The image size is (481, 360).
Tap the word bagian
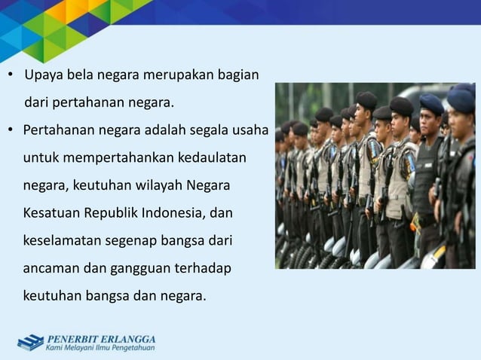pos(239,76)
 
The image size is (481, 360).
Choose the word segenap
pos(134,240)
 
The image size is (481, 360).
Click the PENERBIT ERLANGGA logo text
pos(101,337)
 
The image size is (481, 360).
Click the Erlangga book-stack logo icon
pos(30,342)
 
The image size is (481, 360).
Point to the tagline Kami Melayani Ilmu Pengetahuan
pos(100,348)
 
